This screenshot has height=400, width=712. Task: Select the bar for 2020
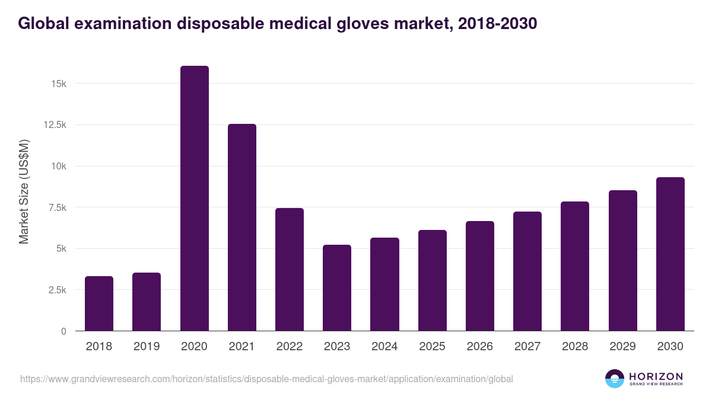[195, 199]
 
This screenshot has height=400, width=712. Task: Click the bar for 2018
[99, 303]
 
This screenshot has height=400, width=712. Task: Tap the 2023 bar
[337, 288]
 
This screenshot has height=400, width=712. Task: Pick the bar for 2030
[670, 254]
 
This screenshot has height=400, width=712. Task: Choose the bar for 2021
[242, 228]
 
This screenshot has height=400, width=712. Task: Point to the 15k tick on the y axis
[58, 84]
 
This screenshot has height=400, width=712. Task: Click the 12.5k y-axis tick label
[54, 125]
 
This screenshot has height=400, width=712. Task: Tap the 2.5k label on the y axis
[56, 290]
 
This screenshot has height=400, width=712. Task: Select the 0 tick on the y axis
[63, 331]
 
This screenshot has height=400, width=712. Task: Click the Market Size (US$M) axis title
[24, 191]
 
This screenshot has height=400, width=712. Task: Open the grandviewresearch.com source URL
[266, 379]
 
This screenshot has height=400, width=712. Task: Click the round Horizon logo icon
[615, 379]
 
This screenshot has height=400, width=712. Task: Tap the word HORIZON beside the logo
[656, 376]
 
